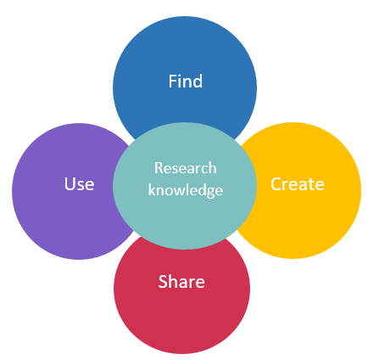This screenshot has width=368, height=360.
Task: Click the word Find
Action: pyautogui.click(x=186, y=81)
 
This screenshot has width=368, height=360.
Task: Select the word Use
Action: pyautogui.click(x=79, y=183)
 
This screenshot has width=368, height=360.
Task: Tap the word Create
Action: pyautogui.click(x=298, y=184)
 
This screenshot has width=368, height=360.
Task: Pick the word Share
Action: pyautogui.click(x=181, y=282)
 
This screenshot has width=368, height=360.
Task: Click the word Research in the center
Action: pyautogui.click(x=186, y=168)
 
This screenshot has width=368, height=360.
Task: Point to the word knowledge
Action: pyautogui.click(x=186, y=190)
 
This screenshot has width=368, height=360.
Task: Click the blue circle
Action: pyautogui.click(x=185, y=76)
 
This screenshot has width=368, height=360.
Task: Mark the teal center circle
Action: pyautogui.click(x=185, y=186)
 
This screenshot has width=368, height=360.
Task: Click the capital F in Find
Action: pyautogui.click(x=173, y=82)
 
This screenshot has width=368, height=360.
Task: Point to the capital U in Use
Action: pyautogui.click(x=70, y=184)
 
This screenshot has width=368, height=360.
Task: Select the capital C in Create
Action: pyautogui.click(x=276, y=184)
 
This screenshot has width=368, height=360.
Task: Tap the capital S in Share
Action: pyautogui.click(x=163, y=282)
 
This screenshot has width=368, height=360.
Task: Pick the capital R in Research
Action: pyautogui.click(x=159, y=168)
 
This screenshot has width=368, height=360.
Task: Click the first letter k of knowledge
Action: pyautogui.click(x=152, y=189)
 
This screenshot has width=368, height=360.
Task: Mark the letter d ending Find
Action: pyautogui.click(x=198, y=82)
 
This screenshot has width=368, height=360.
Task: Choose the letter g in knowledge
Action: pyautogui.click(x=209, y=192)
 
